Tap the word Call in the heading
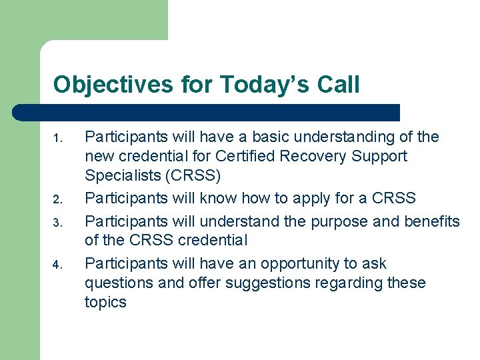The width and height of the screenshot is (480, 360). tap(337, 85)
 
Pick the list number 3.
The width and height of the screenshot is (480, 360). tap(58, 221)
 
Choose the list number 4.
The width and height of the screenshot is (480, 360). tap(58, 266)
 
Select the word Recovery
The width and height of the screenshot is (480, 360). tap(328, 157)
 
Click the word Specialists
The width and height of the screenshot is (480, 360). tap(120, 176)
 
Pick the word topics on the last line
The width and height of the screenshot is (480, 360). tap(105, 303)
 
